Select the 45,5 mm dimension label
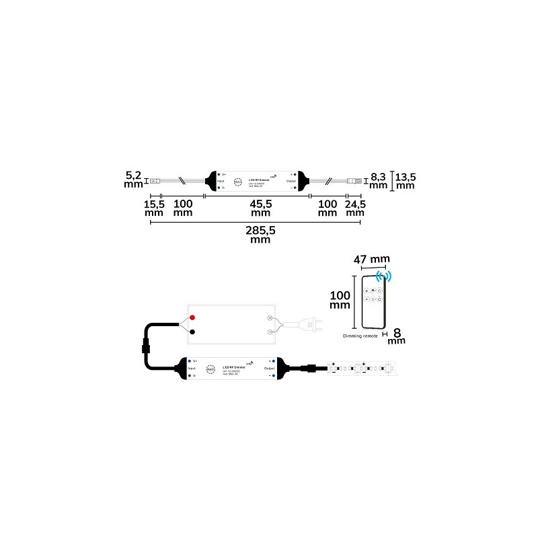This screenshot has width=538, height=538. (260, 208)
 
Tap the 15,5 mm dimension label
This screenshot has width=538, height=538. (154, 208)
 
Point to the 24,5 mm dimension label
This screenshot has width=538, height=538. (354, 208)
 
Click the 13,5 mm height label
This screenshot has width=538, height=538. (404, 182)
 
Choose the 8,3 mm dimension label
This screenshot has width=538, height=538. (379, 180)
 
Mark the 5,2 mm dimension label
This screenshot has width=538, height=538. (134, 180)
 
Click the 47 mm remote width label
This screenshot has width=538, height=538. (371, 258)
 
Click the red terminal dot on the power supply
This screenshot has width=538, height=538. (192, 316)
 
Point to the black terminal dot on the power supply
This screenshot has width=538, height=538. (192, 332)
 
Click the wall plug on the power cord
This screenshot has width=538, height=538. (310, 325)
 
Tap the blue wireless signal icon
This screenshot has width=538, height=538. (385, 276)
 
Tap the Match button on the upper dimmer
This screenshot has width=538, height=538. (237, 182)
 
